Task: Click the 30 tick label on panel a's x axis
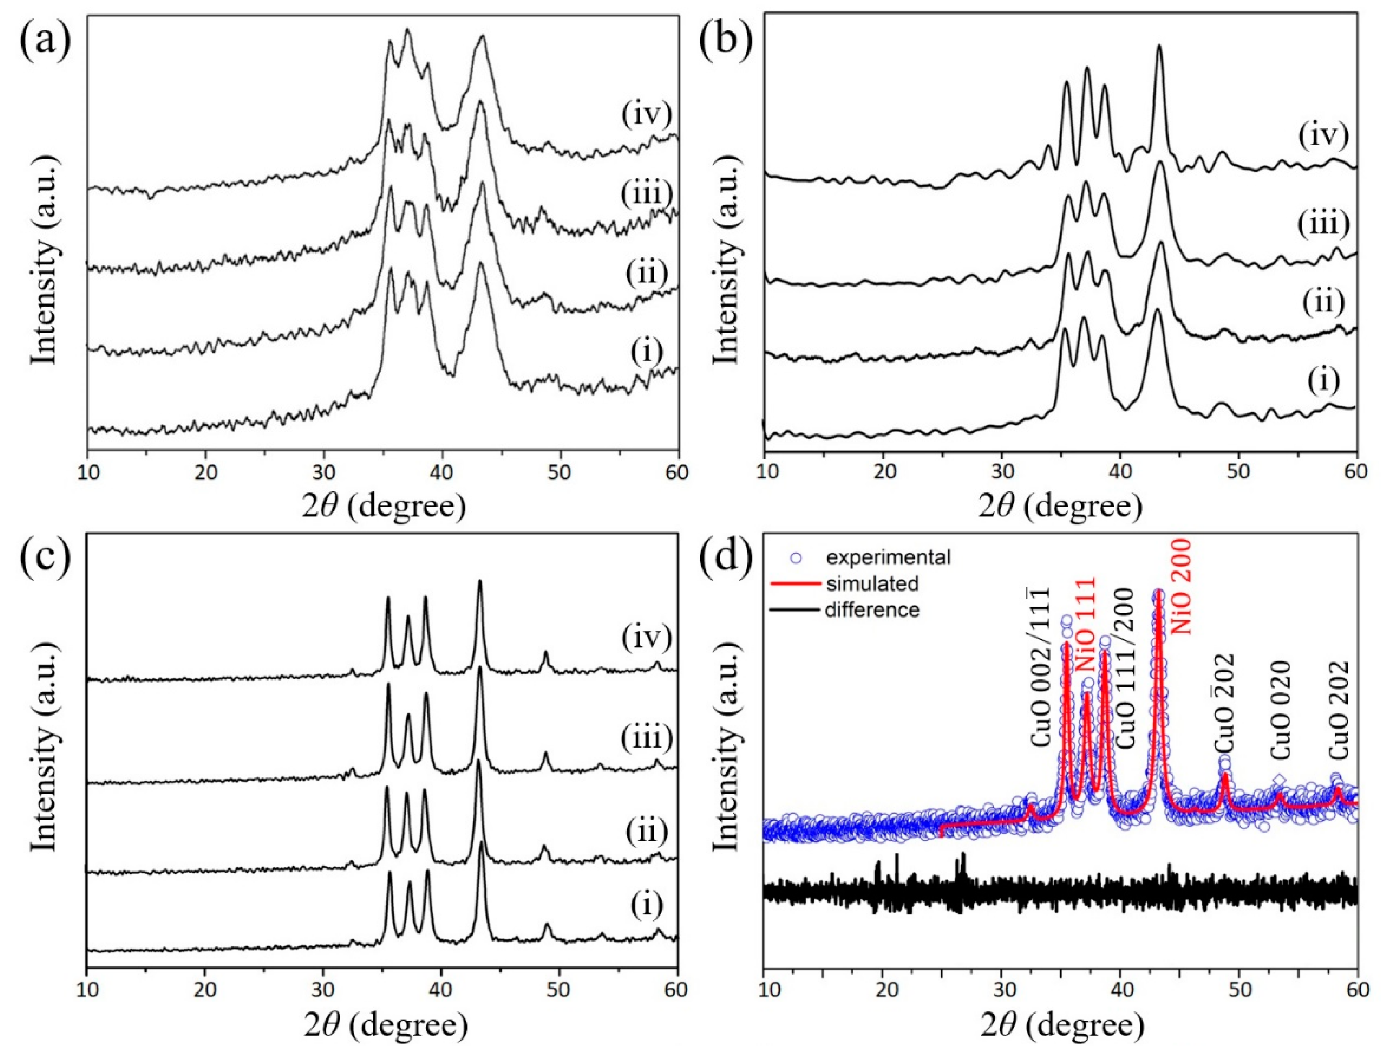click(323, 472)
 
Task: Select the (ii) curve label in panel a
click(646, 274)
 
